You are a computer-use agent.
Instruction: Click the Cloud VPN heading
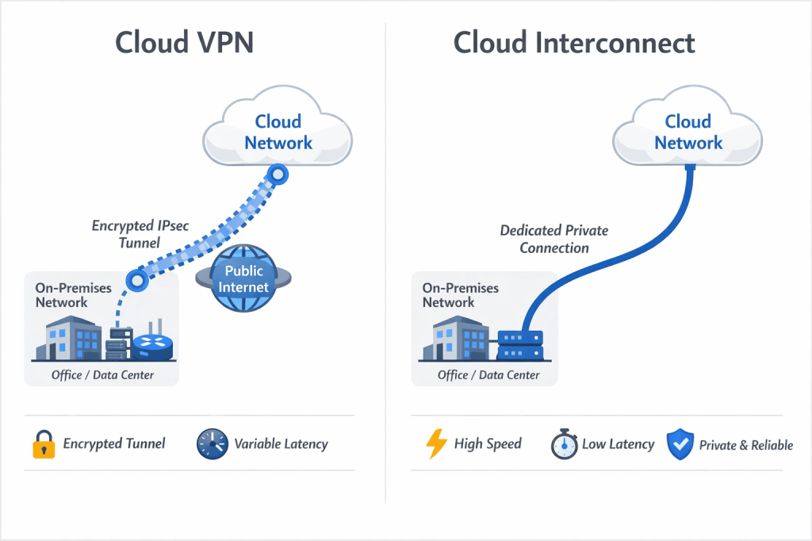click(184, 42)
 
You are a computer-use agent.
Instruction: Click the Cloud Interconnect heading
click(574, 42)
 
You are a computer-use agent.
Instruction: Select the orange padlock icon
click(44, 444)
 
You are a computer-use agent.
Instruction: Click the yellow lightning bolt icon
click(436, 444)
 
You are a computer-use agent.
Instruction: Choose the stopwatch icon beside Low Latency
click(564, 444)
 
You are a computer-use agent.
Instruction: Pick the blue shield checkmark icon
click(680, 444)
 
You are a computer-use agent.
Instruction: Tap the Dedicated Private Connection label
click(554, 239)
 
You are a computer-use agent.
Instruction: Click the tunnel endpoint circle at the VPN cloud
click(277, 174)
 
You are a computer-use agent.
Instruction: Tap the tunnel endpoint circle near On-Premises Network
click(138, 279)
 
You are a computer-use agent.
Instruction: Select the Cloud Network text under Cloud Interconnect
click(688, 132)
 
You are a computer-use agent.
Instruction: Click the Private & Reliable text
click(745, 445)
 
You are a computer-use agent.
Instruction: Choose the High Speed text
click(488, 444)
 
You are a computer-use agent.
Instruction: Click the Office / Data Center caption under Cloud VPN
click(102, 374)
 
